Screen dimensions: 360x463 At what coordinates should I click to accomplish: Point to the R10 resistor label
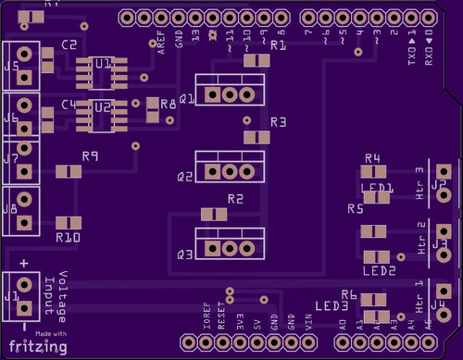68,238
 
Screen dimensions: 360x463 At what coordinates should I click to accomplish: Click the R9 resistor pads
69,171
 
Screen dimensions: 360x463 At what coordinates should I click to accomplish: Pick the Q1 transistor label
186,97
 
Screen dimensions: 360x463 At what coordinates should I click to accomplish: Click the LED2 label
379,271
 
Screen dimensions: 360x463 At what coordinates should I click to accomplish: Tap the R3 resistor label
279,122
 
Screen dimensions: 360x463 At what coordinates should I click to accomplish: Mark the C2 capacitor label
69,44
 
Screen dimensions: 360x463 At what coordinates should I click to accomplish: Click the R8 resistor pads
150,110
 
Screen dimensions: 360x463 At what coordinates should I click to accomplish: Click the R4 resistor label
373,158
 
